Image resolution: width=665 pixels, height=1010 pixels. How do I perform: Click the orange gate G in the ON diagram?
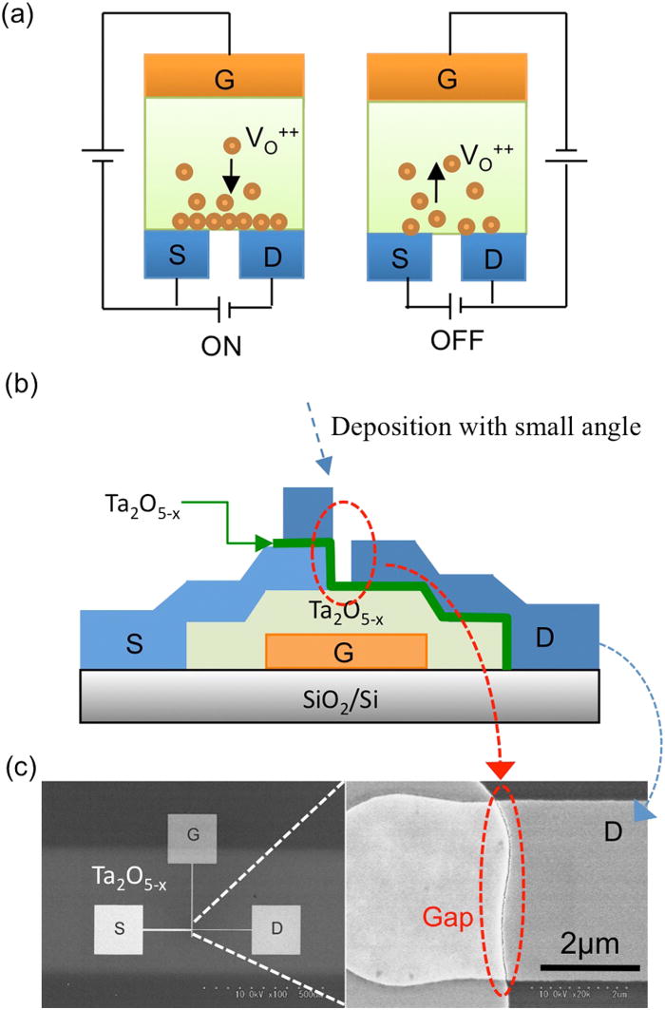pos(224,74)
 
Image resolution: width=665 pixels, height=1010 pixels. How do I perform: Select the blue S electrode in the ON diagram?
pos(176,254)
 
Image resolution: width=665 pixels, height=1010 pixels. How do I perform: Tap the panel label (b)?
pos(20,387)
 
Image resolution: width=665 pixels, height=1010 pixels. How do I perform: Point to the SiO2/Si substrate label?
pos(348,699)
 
